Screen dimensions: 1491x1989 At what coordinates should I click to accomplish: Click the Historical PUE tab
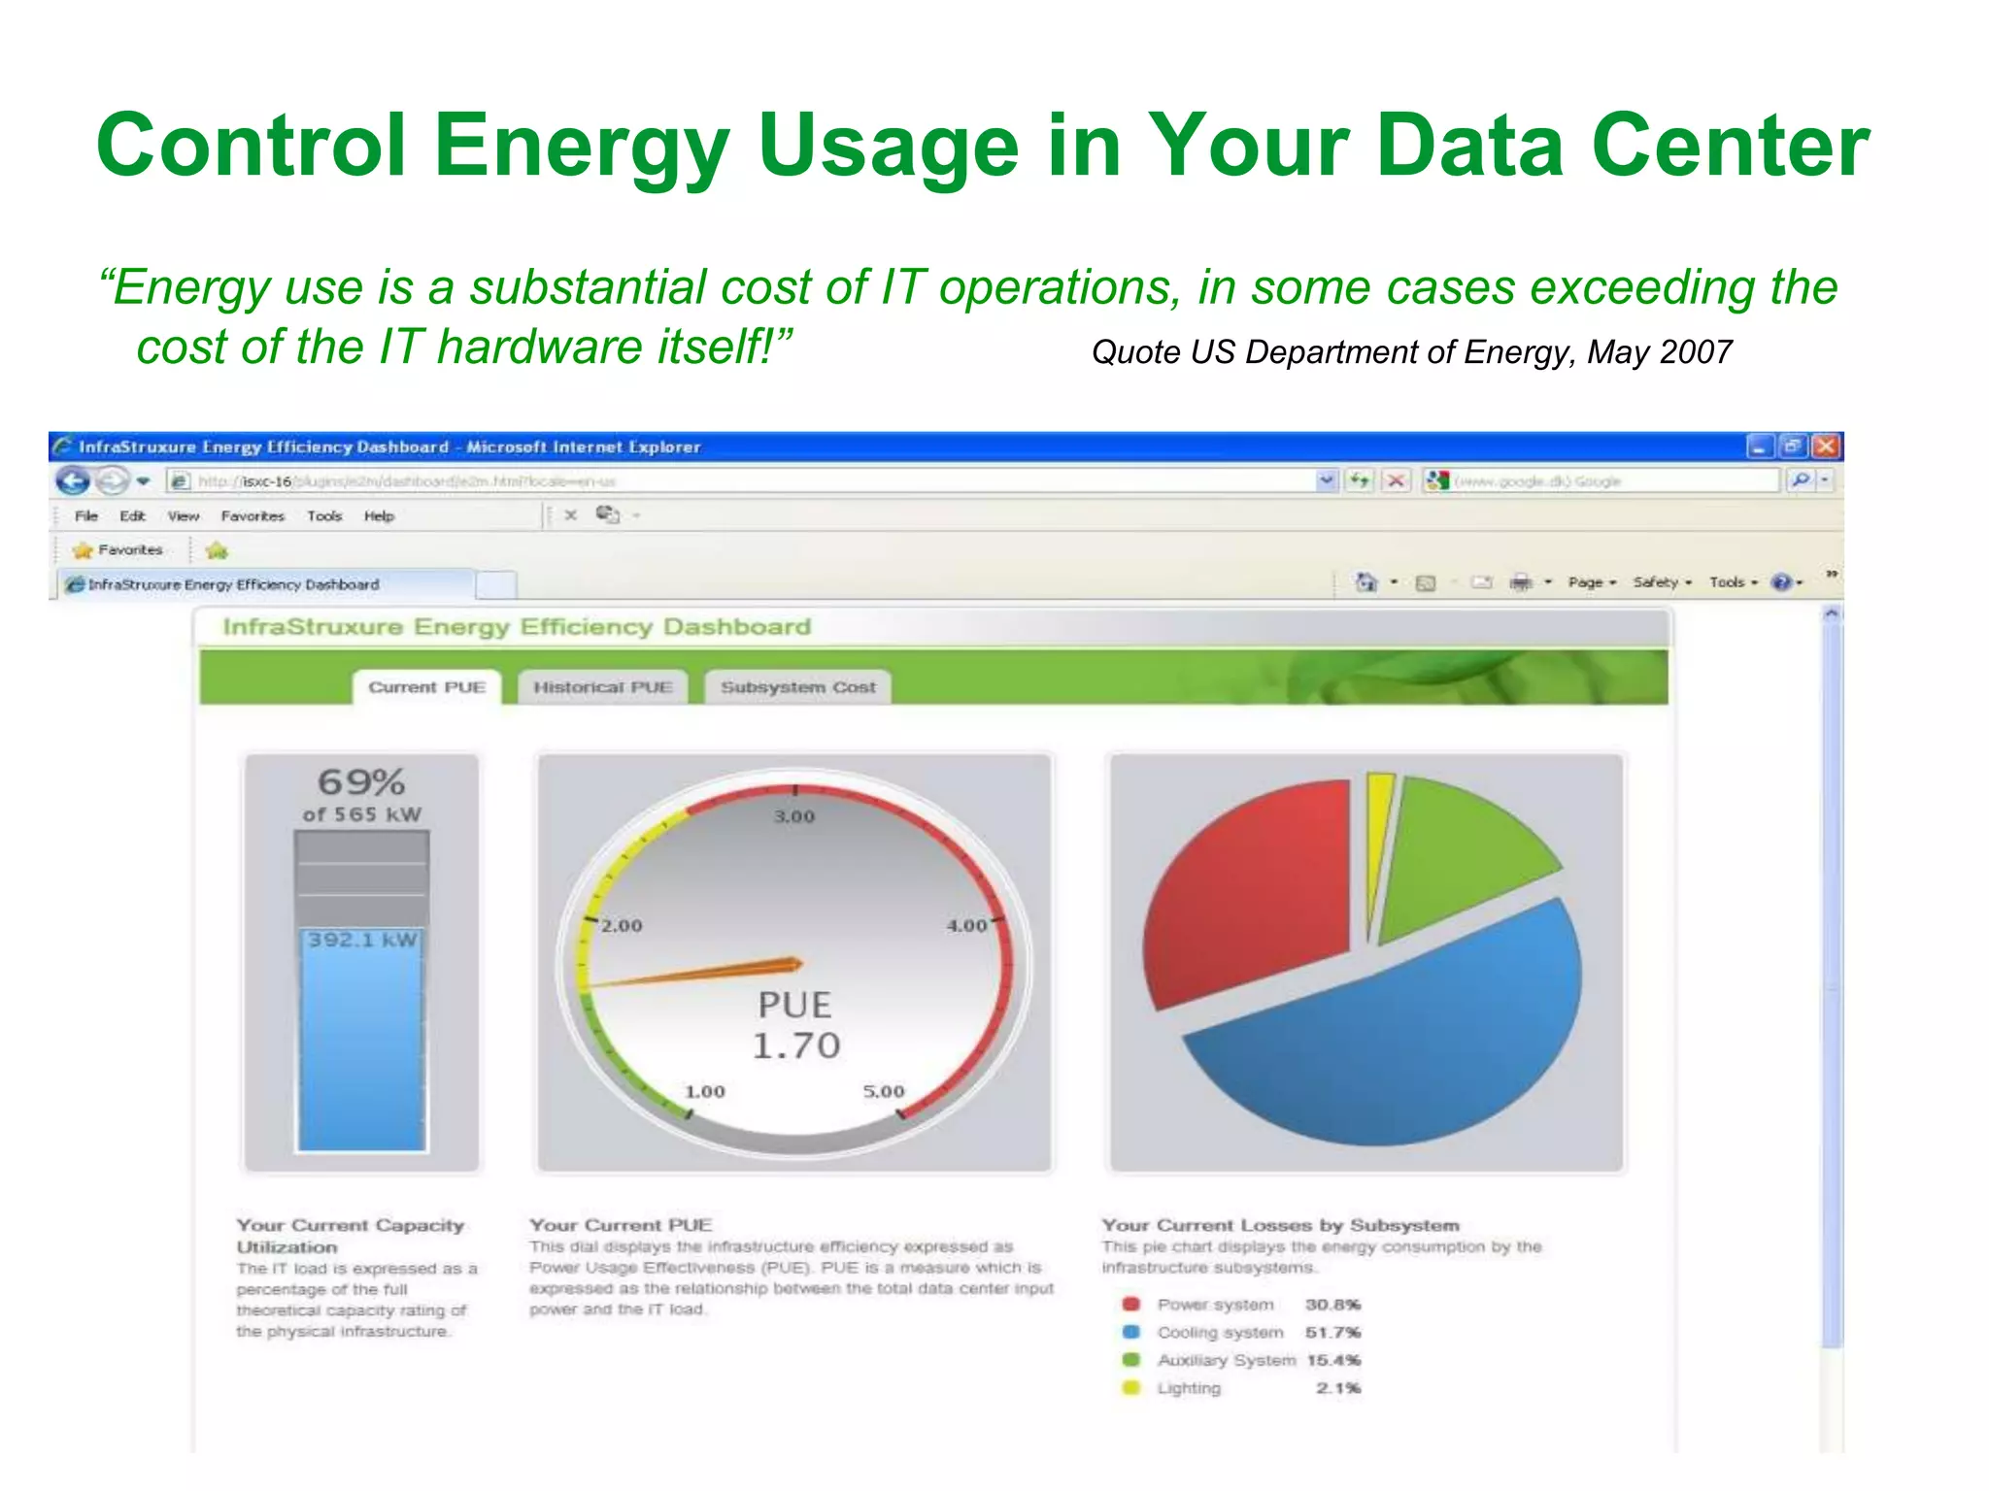pyautogui.click(x=602, y=687)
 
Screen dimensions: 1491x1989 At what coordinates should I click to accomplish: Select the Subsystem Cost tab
pyautogui.click(x=797, y=687)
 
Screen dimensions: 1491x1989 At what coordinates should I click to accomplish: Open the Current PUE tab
pyautogui.click(x=426, y=687)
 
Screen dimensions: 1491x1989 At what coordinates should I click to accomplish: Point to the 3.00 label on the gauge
pyautogui.click(x=794, y=816)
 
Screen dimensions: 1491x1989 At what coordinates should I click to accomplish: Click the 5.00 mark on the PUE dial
pyautogui.click(x=883, y=1091)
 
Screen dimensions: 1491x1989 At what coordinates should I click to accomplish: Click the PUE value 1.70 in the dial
pyautogui.click(x=796, y=1045)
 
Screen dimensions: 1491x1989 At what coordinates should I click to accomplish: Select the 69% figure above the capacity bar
pyautogui.click(x=361, y=782)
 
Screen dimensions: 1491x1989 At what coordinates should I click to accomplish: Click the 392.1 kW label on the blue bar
pyautogui.click(x=362, y=940)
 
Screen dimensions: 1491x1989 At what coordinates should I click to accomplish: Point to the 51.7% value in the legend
pyautogui.click(x=1332, y=1332)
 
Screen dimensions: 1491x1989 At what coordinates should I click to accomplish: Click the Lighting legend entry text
pyautogui.click(x=1189, y=1388)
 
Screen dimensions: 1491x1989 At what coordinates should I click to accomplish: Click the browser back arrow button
pyautogui.click(x=73, y=480)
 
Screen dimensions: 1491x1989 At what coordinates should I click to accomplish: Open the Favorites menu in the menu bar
pyautogui.click(x=253, y=516)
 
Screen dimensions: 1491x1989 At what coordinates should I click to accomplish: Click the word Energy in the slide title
pyautogui.click(x=581, y=146)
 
